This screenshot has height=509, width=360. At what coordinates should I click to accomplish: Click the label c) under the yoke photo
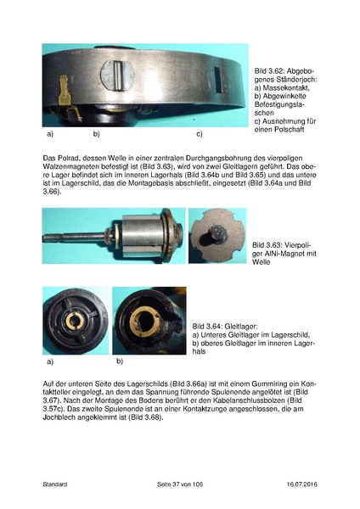pyautogui.click(x=200, y=135)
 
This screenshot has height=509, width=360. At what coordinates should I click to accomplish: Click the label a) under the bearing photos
pyautogui.click(x=48, y=360)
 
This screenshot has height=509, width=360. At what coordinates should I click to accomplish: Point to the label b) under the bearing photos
pyautogui.click(x=120, y=360)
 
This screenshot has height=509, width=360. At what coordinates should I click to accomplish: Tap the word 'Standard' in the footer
pyautogui.click(x=56, y=483)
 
